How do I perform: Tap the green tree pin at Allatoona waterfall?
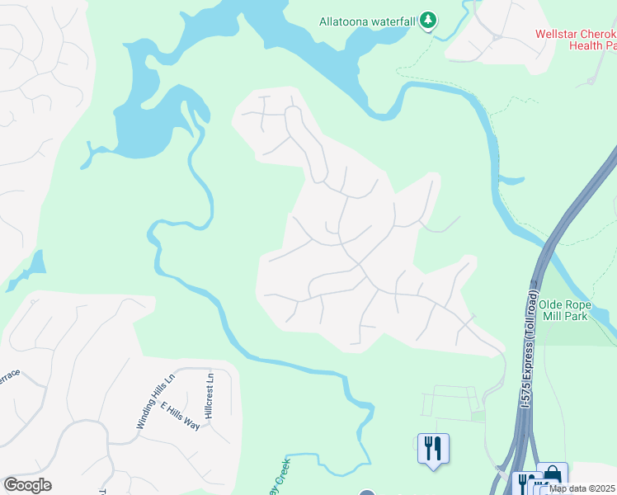click(427, 20)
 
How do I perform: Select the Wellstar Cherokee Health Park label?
click(575, 40)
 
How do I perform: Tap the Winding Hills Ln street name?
click(156, 402)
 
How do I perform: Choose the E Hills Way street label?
click(181, 416)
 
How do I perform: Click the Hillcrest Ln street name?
click(210, 397)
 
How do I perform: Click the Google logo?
click(27, 485)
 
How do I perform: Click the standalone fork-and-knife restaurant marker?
click(433, 449)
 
